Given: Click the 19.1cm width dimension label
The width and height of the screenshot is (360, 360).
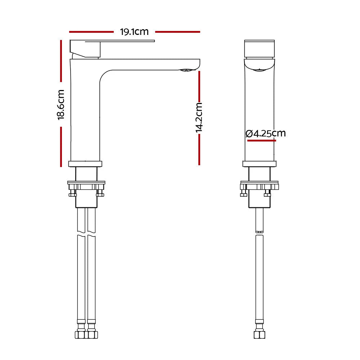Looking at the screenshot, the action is click(x=134, y=32).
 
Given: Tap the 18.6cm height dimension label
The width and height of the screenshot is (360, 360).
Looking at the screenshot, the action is click(x=61, y=105).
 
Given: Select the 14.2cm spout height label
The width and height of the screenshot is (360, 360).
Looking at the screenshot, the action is click(x=199, y=118).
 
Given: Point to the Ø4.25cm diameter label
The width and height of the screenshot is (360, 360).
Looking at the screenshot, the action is click(x=265, y=134).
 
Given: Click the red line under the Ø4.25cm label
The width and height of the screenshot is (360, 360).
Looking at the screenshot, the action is click(x=261, y=140).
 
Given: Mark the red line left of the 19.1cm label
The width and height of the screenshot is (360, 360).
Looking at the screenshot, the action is click(x=91, y=32).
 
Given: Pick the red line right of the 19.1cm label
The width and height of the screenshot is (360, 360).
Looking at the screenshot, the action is click(x=177, y=32).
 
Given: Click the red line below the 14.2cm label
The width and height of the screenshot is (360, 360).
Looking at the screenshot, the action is click(x=199, y=149).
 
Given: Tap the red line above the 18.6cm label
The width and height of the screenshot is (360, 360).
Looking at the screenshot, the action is click(x=61, y=61).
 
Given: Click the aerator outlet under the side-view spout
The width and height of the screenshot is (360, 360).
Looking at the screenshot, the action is click(x=186, y=70).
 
